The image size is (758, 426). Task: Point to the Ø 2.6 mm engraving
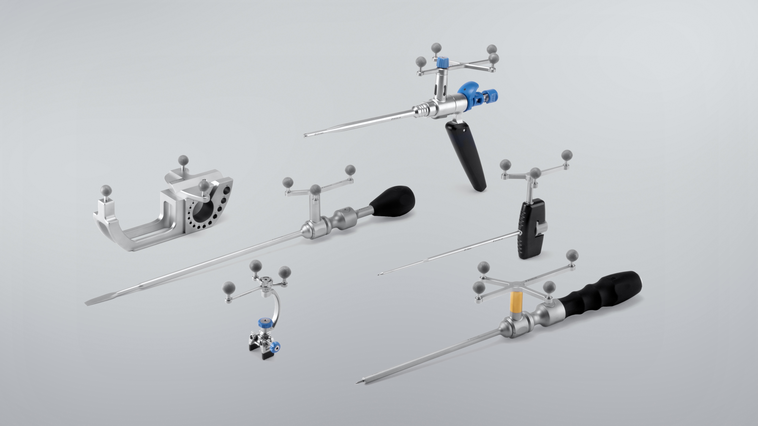click(319, 133)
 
